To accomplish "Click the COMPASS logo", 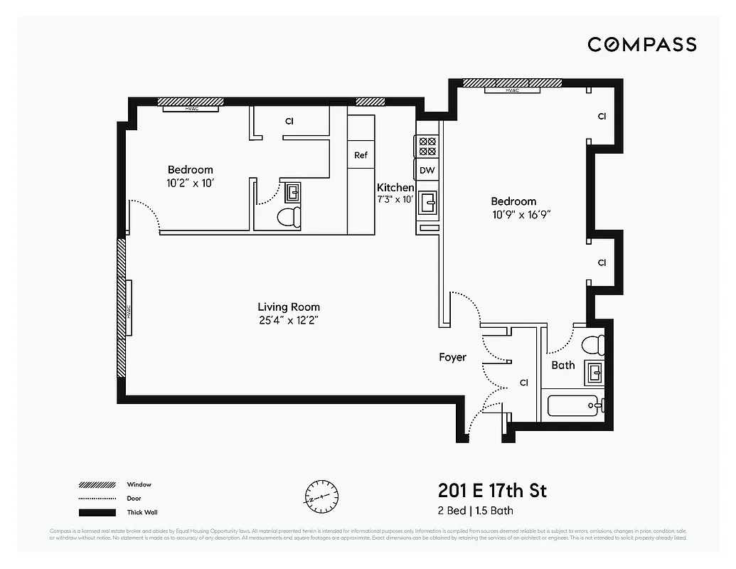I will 641,44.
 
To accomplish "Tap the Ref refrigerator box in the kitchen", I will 361,155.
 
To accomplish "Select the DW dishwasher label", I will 427,170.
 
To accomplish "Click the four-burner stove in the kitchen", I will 427,147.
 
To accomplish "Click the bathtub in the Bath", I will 575,407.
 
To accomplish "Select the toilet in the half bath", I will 288,217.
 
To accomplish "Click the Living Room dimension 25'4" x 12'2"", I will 288,320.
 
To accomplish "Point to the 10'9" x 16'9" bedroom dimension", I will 521,213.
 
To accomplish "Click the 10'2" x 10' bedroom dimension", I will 190,182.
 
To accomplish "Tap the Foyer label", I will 452,357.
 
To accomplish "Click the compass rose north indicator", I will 322,494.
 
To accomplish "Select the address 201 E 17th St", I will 492,491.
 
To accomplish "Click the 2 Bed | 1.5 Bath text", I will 475,511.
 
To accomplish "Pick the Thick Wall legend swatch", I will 97,513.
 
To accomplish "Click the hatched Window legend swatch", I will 97,484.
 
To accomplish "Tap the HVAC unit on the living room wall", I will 129,309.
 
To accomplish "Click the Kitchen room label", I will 395,188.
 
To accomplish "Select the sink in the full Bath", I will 594,371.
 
